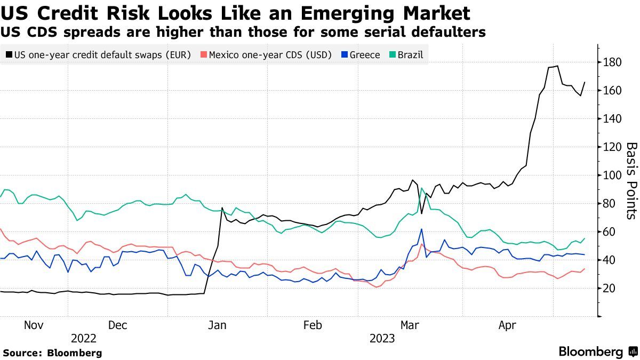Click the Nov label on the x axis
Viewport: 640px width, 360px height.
(x=33, y=325)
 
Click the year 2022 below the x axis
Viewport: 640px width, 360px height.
(x=84, y=339)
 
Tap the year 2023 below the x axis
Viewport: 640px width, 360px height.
(x=382, y=339)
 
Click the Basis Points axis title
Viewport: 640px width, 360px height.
(x=631, y=180)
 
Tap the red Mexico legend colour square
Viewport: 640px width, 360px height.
(x=203, y=55)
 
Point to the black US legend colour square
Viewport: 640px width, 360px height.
(x=9, y=55)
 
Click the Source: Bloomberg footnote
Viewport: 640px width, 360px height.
(x=52, y=353)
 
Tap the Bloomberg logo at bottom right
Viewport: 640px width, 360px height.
(x=597, y=352)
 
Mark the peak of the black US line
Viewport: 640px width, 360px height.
(x=557, y=66)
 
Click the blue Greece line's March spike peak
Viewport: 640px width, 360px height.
(x=421, y=229)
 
